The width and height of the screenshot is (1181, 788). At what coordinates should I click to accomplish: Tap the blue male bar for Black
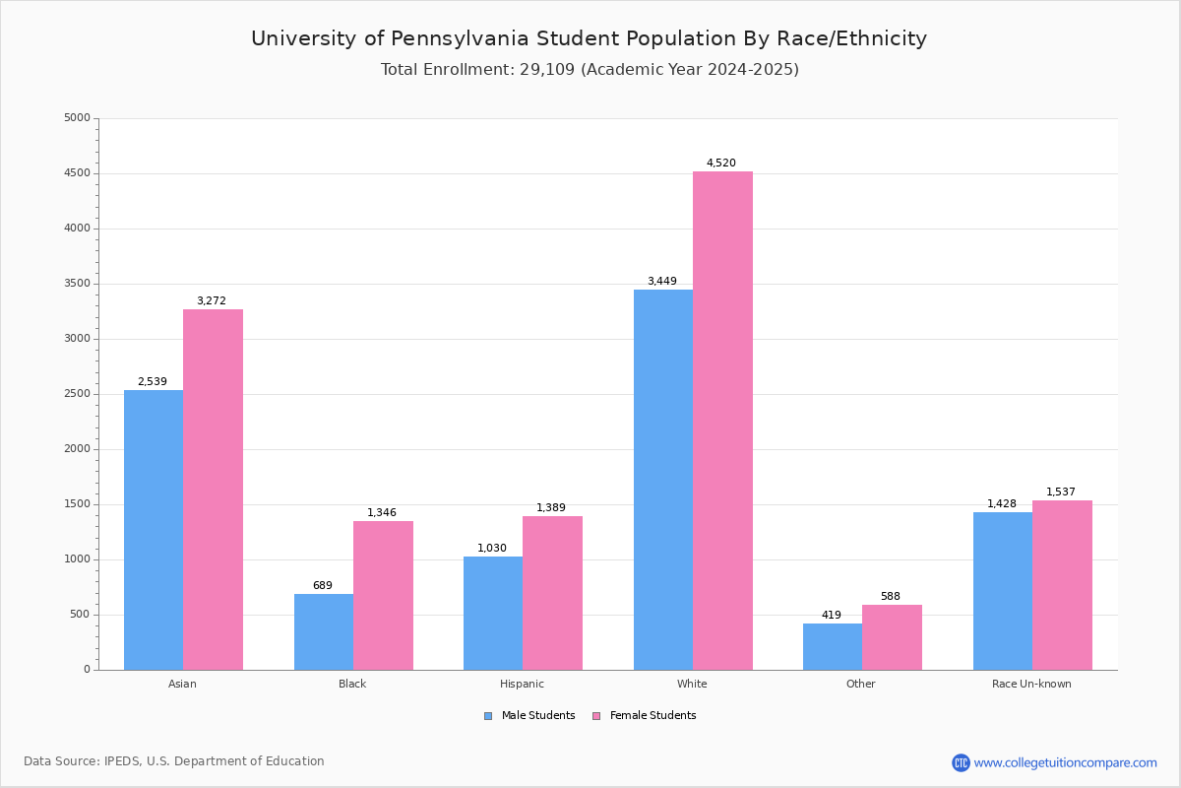tap(324, 631)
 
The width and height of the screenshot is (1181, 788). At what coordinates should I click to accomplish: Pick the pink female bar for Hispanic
tap(552, 593)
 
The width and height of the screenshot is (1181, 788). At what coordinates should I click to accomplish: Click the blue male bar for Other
tap(833, 646)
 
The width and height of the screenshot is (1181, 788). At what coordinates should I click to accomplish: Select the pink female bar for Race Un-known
tap(1062, 585)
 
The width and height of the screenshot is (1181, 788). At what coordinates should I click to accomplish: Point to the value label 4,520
tap(720, 164)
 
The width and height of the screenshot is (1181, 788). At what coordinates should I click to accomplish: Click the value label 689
tap(323, 586)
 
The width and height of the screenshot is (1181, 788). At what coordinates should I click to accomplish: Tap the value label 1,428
tap(1002, 504)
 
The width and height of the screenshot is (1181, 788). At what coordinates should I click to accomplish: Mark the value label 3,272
tap(212, 301)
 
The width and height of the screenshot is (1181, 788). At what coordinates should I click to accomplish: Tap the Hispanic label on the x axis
tap(522, 684)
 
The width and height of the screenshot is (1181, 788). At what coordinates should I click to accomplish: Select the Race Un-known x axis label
tap(1031, 684)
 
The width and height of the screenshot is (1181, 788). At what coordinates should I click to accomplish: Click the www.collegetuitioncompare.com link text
tap(1065, 762)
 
